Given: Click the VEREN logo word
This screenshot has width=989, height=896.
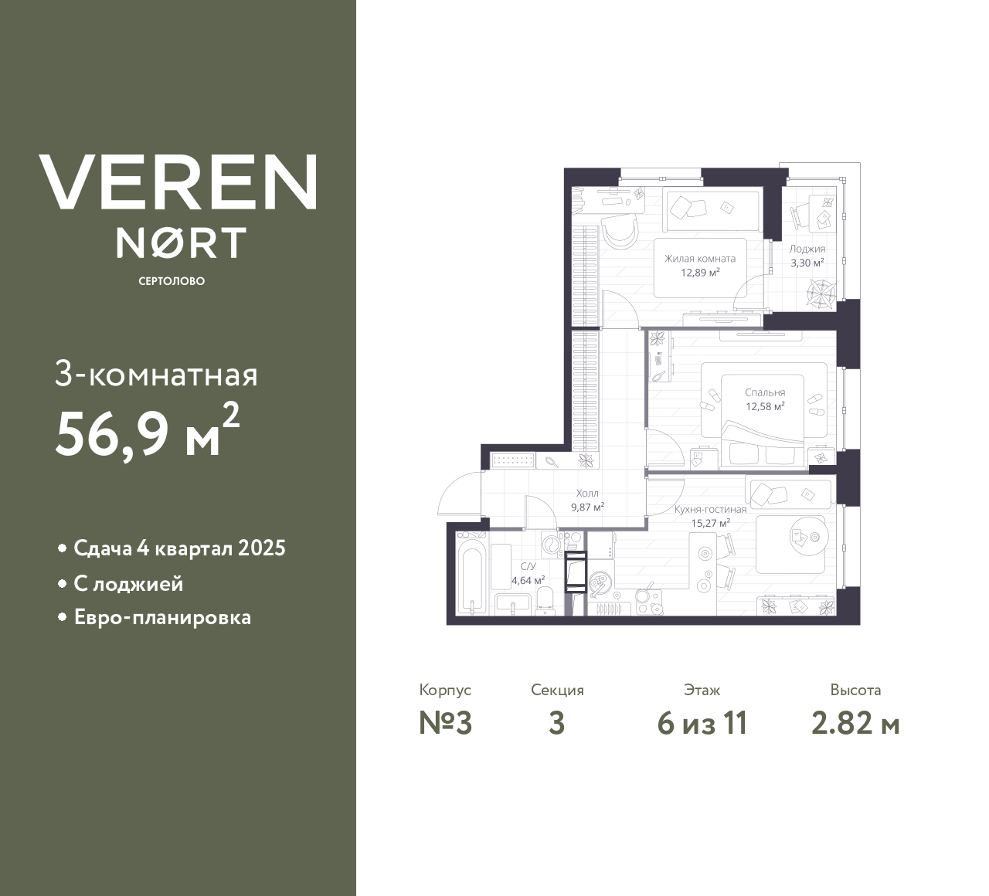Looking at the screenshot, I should click(178, 182).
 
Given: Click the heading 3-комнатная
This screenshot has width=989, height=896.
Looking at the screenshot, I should click(157, 375).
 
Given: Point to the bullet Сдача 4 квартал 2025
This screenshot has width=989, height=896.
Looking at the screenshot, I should click(179, 548).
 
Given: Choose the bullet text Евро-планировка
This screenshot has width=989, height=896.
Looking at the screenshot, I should click(162, 618).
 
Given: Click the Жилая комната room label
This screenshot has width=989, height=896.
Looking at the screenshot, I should click(700, 259).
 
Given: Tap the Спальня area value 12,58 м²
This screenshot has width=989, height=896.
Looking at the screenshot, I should click(765, 406).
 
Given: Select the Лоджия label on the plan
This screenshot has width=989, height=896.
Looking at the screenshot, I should click(807, 249).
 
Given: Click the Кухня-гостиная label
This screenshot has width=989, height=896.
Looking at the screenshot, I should click(710, 510).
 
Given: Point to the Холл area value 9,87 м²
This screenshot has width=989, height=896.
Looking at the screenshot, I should click(587, 507).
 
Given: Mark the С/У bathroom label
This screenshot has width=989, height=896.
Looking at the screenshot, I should click(528, 566).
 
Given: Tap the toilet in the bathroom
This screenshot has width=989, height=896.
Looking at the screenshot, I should click(545, 599).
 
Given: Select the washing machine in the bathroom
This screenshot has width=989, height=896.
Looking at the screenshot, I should click(552, 545).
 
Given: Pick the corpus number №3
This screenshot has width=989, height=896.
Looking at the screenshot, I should click(445, 724).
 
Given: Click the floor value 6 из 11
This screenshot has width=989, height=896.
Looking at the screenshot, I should click(702, 724).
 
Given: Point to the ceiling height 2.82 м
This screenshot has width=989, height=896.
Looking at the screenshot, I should click(855, 724).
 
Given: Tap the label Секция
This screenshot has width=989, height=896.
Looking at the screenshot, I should click(557, 691).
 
